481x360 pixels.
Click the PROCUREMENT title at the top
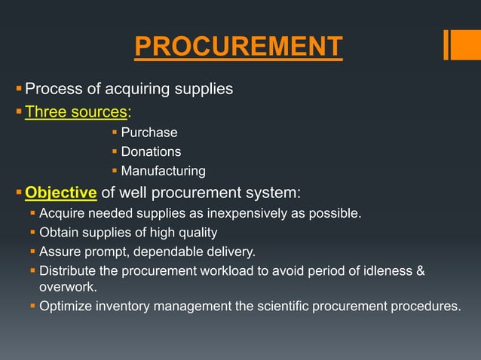click(238, 47)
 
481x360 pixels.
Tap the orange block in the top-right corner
click(461, 44)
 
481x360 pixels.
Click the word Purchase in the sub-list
click(149, 133)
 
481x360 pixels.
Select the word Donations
click(151, 152)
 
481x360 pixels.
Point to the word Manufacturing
click(163, 171)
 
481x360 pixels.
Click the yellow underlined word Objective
click(60, 191)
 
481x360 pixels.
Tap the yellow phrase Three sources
click(75, 112)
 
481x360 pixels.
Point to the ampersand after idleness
click(421, 270)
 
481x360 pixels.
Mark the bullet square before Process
click(20, 90)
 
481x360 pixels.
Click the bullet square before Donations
click(115, 152)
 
